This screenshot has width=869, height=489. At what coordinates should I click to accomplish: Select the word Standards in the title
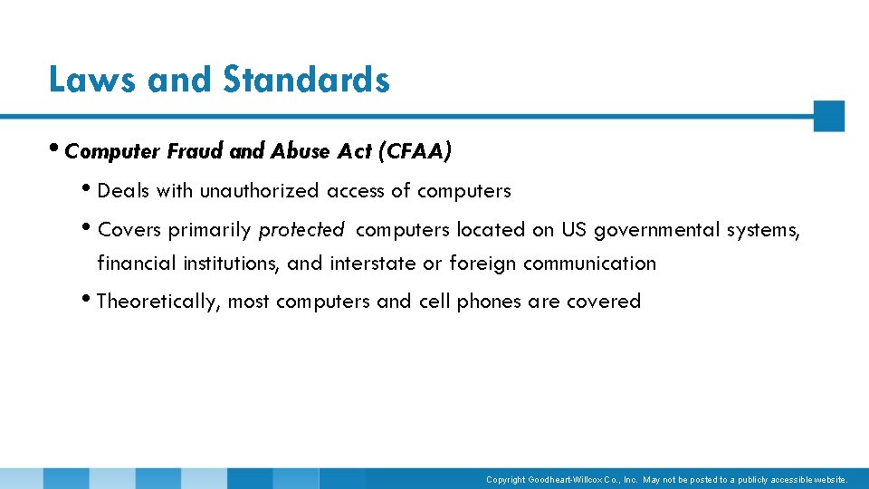coord(306,80)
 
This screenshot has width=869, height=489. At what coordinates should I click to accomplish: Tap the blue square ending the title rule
coord(828,116)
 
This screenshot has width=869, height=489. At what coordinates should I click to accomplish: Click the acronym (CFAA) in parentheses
coord(417,152)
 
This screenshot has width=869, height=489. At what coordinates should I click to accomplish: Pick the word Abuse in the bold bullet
coord(301,152)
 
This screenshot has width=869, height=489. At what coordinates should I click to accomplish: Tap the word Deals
coord(123,191)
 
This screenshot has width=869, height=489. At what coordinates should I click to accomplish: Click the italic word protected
coord(301,230)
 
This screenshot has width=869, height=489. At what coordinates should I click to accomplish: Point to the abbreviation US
coord(574,230)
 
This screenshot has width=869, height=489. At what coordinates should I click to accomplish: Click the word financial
coord(137,264)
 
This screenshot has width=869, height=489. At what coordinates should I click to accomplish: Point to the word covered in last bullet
coord(604,301)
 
